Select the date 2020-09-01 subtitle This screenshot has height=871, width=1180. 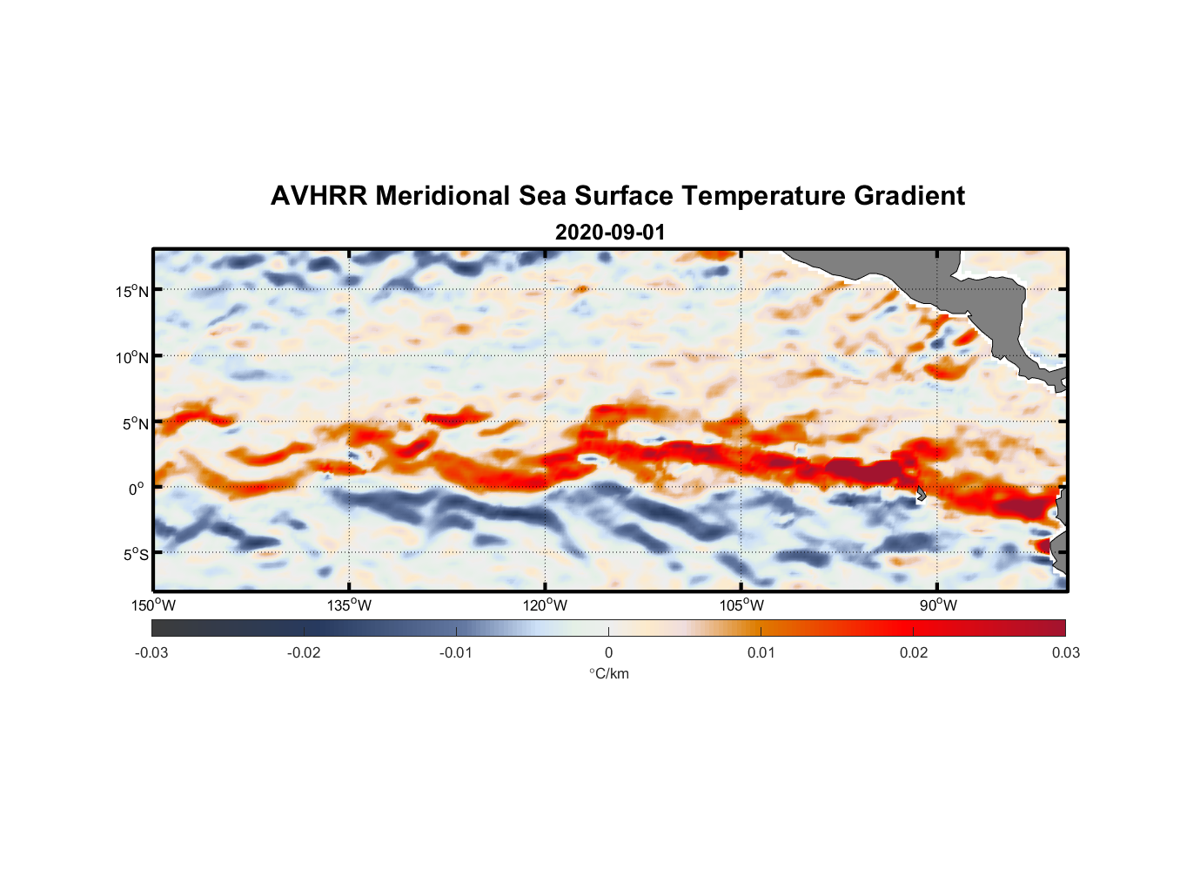[x=609, y=233]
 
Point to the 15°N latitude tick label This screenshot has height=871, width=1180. [x=132, y=291]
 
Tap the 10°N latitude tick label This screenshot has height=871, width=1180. [x=132, y=357]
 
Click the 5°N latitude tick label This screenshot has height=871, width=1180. [x=135, y=423]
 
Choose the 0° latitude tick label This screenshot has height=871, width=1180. [x=137, y=489]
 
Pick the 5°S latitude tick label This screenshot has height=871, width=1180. [x=135, y=555]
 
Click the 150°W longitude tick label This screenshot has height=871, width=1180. [x=153, y=605]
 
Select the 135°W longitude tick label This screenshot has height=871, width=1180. [x=350, y=605]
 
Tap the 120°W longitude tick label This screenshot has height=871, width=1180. [x=546, y=605]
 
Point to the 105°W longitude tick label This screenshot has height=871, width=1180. [x=741, y=605]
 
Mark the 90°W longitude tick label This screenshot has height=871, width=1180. [x=938, y=605]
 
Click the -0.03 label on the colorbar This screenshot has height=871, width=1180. [x=151, y=652]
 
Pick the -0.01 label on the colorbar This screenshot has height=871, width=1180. [x=456, y=652]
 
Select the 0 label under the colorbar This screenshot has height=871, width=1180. [x=608, y=652]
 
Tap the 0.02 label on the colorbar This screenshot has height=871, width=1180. [x=914, y=652]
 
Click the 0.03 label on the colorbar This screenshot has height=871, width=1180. [x=1065, y=652]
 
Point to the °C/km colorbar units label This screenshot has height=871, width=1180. [x=608, y=673]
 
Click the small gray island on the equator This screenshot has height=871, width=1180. [x=921, y=494]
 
